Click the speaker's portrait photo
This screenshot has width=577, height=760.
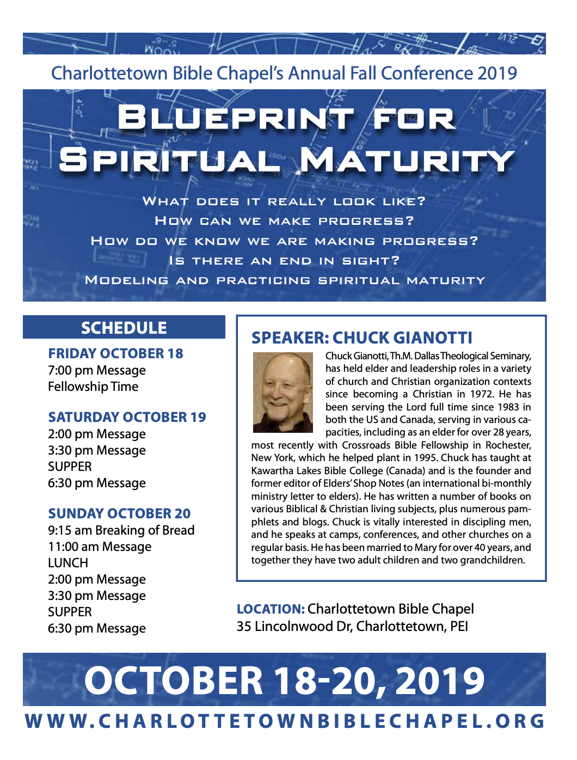pos(283,393)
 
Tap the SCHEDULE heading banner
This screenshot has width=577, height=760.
pos(124,328)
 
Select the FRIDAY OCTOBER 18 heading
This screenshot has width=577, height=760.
pos(115,354)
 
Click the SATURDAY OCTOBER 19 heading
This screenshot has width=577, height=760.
pos(127,418)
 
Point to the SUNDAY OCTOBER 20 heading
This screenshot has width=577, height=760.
pos(119,514)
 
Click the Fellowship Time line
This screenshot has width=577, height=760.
pos(93,387)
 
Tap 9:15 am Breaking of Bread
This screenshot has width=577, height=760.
pos(121,530)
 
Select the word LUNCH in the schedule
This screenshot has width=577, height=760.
pos(68,563)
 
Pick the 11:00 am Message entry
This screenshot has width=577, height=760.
pos(100,547)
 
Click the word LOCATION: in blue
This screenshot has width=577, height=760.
pos(271,609)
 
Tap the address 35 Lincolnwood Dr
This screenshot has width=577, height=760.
pos(294,627)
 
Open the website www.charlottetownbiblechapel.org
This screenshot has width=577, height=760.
pos(285,721)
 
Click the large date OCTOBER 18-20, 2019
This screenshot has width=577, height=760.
pos(284,681)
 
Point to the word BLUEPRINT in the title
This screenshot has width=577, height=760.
pos(235,118)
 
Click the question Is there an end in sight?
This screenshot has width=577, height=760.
pos(284,261)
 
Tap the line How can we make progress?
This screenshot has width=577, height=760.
pos(284,221)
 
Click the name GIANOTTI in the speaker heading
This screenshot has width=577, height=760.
pos(433,338)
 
